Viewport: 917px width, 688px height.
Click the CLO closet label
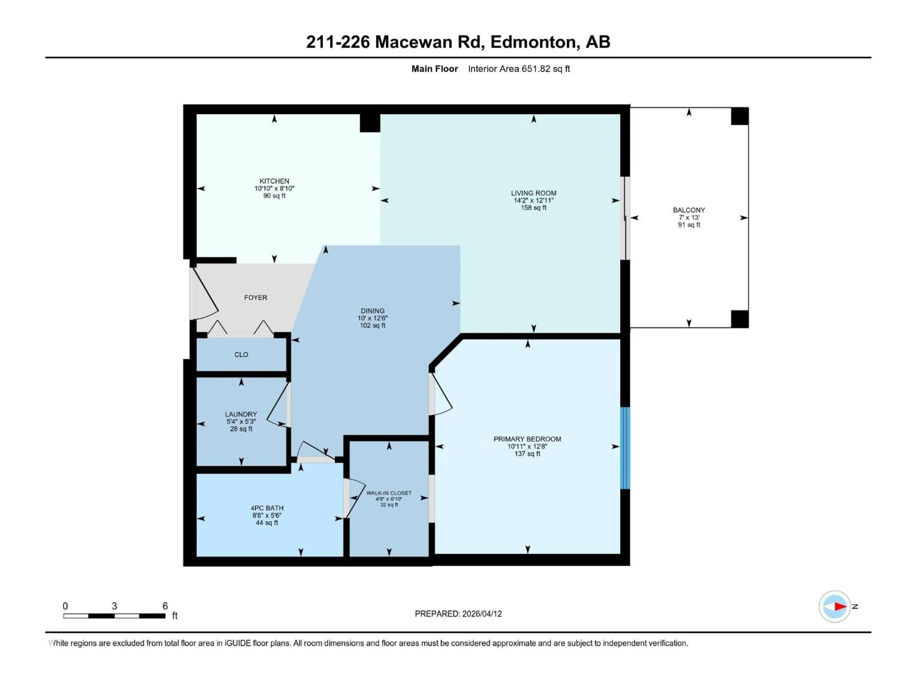click(x=241, y=355)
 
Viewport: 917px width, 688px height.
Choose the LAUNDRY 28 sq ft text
click(x=241, y=429)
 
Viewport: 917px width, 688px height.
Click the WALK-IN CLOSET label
click(x=389, y=493)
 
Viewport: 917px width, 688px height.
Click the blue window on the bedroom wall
click(x=625, y=448)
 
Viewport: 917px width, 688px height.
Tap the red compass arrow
click(x=840, y=606)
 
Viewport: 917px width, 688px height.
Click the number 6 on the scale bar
click(x=165, y=606)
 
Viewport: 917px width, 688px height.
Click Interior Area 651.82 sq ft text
click(x=519, y=69)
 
